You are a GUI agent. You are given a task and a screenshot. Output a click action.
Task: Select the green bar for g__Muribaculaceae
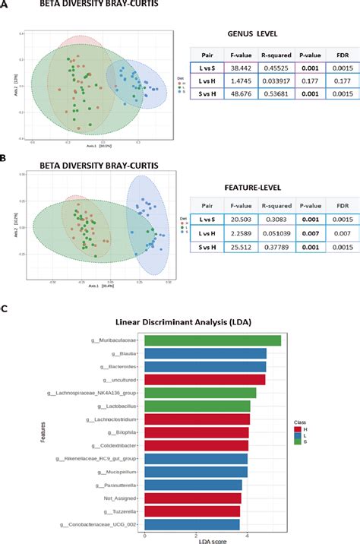click(213, 340)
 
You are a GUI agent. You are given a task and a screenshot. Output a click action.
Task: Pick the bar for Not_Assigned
click(192, 498)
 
